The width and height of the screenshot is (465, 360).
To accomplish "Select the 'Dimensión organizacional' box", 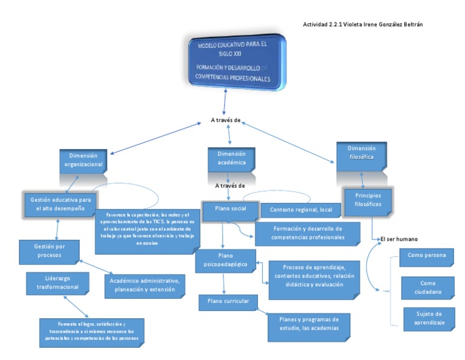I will pos(84,159).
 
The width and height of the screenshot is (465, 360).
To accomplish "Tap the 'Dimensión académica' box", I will pos(231,158).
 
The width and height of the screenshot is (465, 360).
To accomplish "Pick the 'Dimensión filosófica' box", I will pos(361,153).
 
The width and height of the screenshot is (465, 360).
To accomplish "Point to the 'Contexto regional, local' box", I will pos(296,210).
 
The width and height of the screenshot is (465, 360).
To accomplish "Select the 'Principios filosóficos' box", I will pos(368,200).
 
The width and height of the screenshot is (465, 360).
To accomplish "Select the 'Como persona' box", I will pos(427,256).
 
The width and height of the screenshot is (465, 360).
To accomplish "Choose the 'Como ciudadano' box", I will pos(427,287).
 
